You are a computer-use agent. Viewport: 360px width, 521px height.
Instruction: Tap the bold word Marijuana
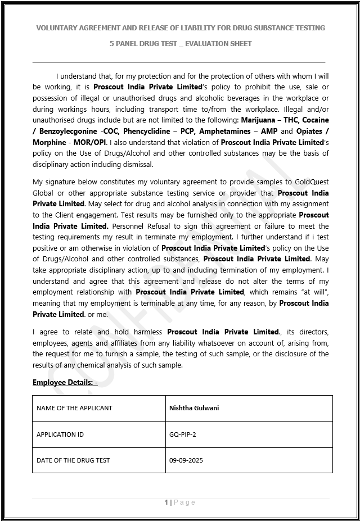[260, 120]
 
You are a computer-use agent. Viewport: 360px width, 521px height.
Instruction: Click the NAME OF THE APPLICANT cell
[74, 408]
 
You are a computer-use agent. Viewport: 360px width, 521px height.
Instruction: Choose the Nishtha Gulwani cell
[194, 408]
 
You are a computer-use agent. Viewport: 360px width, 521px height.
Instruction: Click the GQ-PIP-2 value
[183, 434]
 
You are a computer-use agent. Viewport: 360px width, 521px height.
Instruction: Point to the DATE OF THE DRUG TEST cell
[73, 460]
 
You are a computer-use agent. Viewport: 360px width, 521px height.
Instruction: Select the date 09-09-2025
[186, 460]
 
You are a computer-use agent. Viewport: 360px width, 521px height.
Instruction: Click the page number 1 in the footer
[166, 502]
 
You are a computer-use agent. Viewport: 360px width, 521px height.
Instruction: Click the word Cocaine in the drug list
[316, 120]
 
